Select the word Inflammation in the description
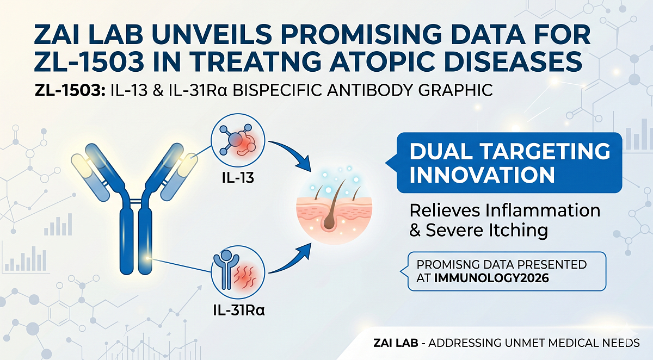(x=539, y=210)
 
